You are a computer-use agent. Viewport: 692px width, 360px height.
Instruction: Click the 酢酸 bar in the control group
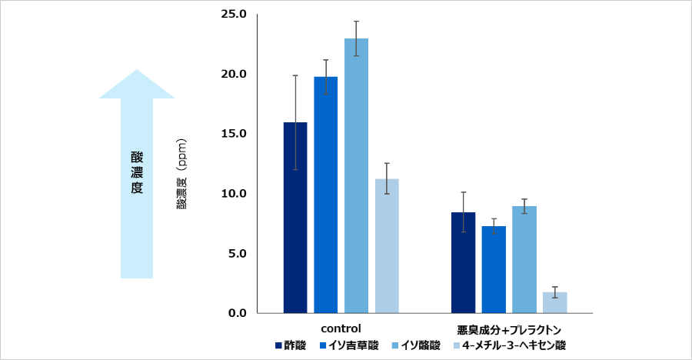295,218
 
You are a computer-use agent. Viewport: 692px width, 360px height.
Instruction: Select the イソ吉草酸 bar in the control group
326,195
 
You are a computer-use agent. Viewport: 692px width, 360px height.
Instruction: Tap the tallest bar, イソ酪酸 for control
356,175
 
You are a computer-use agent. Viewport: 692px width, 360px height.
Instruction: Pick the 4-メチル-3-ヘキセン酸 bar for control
387,245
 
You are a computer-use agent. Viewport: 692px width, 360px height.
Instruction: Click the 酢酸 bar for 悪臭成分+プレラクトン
463,262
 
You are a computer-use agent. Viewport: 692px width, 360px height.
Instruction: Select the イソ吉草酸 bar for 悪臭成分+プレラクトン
494,269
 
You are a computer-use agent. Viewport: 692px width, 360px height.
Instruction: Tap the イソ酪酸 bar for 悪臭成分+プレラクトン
524,259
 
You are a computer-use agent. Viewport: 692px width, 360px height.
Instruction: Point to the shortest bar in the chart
554,302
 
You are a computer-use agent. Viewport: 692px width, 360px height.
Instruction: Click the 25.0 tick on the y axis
233,14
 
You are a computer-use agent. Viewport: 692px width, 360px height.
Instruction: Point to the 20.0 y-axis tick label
233,74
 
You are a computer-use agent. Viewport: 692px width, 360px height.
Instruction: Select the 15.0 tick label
233,134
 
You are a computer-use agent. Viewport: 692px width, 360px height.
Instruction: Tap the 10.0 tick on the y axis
233,193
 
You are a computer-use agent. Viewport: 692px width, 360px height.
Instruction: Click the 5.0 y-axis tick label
236,253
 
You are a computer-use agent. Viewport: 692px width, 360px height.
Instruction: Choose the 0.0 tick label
236,313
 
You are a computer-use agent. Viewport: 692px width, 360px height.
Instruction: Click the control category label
341,327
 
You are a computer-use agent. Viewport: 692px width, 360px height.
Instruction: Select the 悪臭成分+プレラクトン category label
508,327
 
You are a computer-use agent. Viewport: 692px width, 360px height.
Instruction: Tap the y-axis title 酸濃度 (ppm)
182,174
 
